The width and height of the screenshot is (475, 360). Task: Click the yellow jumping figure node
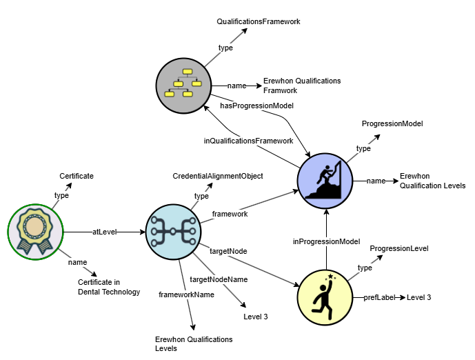325,296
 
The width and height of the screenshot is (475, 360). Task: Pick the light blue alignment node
172,232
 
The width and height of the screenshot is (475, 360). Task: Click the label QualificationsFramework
258,21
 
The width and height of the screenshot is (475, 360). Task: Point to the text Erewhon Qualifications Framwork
292,86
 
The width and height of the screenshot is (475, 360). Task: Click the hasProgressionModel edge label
257,106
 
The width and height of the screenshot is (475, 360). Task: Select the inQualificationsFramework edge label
248,141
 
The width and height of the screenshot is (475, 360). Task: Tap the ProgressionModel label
392,123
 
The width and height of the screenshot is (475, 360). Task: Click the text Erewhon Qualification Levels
432,181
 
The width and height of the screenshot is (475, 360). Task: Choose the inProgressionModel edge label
327,241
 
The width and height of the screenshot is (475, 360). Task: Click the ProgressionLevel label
399,248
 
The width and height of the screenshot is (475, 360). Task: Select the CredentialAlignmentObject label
218,176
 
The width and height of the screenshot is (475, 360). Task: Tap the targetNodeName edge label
219,279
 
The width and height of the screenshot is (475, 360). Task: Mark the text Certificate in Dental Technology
109,287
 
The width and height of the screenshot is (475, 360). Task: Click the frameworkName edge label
186,294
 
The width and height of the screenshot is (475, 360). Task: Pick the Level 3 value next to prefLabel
418,297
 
